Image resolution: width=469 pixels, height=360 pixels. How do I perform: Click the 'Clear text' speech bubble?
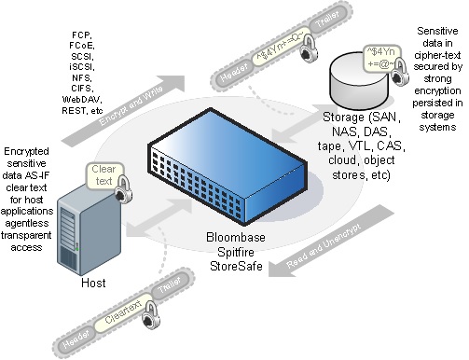[x=103, y=175]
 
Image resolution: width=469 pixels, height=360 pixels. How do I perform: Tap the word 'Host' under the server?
[x=82, y=282]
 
